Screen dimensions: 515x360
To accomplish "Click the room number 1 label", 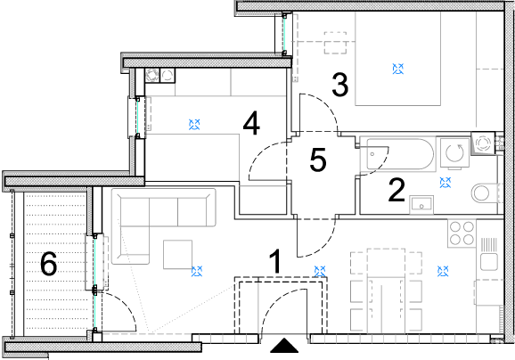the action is tap(275, 261).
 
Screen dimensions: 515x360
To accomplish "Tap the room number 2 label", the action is tap(396, 190).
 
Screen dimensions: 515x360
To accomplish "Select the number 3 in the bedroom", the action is tap(340, 85).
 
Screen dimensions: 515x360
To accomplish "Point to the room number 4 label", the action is tap(251, 124).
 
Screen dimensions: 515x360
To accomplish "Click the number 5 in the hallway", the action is tap(318, 160).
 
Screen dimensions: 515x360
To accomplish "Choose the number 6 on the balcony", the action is tap(49, 264).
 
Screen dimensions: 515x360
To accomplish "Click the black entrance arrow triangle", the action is tap(284, 346).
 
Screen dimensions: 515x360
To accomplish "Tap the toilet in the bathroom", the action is tap(485, 193).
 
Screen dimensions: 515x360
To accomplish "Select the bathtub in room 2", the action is tap(398, 154).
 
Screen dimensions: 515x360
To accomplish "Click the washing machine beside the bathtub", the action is tap(454, 153).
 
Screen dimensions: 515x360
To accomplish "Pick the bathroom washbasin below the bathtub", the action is tap(421, 204).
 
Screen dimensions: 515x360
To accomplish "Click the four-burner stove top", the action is tap(462, 233).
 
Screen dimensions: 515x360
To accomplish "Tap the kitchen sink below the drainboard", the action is tap(489, 262).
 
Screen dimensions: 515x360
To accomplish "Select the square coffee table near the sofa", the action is tap(177, 255).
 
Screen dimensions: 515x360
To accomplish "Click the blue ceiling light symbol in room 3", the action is tap(398, 69).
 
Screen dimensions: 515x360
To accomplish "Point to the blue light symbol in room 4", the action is tap(194, 125).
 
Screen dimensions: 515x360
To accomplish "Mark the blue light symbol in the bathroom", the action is tap(446, 183).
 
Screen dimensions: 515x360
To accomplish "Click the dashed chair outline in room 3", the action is tap(335, 43).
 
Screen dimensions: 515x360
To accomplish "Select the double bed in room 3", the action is tap(397, 59).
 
